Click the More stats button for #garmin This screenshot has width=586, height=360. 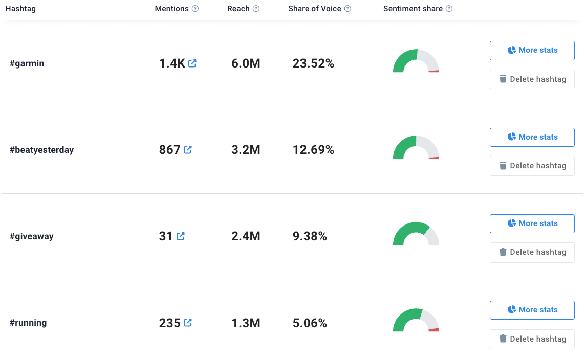click(532, 51)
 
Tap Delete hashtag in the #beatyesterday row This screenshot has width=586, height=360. click(532, 166)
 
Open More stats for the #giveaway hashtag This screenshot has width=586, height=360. click(532, 223)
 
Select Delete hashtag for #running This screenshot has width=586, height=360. click(532, 339)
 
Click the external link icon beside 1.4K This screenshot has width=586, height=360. click(192, 63)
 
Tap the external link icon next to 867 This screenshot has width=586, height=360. click(188, 150)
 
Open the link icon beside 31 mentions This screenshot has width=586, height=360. click(181, 236)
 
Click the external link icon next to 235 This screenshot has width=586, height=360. click(188, 323)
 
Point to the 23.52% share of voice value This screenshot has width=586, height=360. click(313, 63)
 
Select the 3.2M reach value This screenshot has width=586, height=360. click(246, 150)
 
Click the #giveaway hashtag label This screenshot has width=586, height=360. click(31, 236)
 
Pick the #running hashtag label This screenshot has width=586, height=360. click(28, 323)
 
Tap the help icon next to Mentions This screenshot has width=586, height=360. click(196, 9)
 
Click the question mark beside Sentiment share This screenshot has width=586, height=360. click(449, 9)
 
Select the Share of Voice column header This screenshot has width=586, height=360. click(315, 9)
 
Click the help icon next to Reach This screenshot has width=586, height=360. click(256, 9)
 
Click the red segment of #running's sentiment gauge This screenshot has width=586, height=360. click(434, 330)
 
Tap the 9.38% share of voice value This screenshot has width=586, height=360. click(310, 236)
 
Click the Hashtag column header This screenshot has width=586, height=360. click(20, 9)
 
